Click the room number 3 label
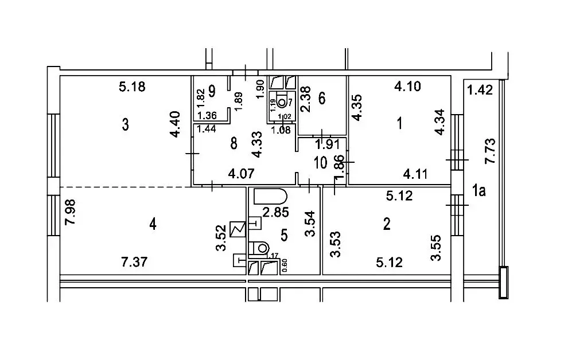[x=125, y=124]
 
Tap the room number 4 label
[x=153, y=225]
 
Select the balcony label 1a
[x=479, y=191]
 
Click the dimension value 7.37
[x=134, y=262]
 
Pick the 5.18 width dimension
[x=132, y=87]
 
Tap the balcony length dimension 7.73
[x=490, y=151]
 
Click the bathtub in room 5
[x=270, y=197]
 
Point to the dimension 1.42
[x=480, y=89]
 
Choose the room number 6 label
[x=322, y=97]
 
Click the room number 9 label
[x=212, y=91]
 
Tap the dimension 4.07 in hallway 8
[x=242, y=174]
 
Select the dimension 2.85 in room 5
[x=275, y=212]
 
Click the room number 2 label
[x=387, y=224]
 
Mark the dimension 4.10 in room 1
[x=407, y=86]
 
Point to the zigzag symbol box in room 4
[x=238, y=229]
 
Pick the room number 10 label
[x=320, y=163]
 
